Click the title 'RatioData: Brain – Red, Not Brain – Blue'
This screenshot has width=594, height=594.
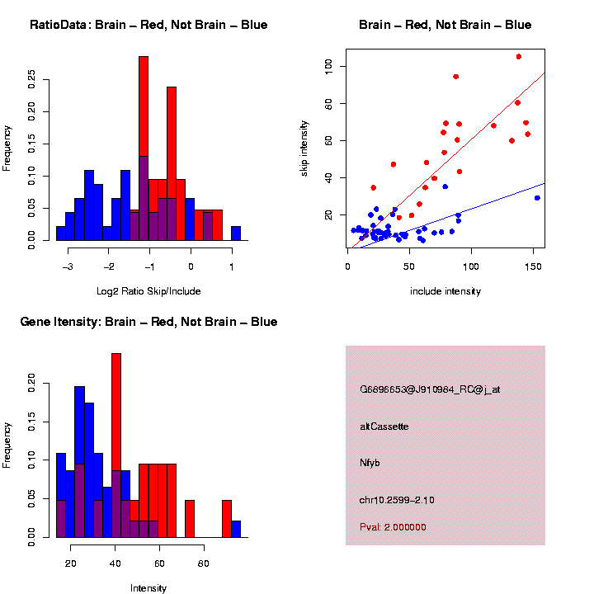point(148,25)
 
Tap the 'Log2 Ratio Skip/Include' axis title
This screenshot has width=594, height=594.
point(148,290)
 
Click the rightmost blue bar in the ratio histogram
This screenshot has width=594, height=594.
point(236,233)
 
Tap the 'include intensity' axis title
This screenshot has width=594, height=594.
point(445,290)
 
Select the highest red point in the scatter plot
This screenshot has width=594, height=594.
point(518,57)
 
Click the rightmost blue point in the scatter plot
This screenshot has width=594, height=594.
point(537,198)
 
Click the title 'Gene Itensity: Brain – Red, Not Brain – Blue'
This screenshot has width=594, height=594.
point(148,322)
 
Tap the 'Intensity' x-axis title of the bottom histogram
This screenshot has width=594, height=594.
point(148,588)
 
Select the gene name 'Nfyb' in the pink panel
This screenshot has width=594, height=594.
point(370,464)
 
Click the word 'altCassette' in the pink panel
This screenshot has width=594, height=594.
point(384,427)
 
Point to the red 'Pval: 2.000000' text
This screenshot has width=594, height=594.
point(394,527)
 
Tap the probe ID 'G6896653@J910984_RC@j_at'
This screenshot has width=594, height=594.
point(430,389)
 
